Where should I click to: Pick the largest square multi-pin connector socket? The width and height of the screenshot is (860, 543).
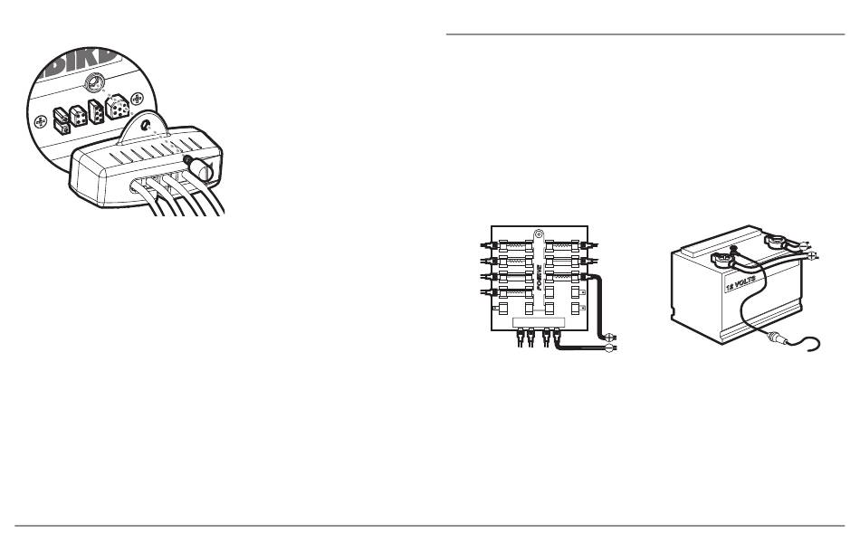click(x=118, y=107)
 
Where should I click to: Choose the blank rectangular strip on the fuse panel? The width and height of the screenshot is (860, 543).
click(x=538, y=322)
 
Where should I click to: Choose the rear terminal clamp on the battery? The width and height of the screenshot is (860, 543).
click(x=776, y=242)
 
